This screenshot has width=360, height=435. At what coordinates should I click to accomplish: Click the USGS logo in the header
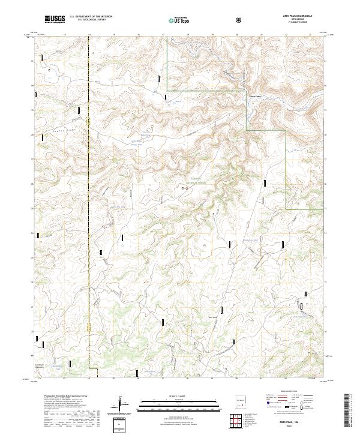(x=55, y=19)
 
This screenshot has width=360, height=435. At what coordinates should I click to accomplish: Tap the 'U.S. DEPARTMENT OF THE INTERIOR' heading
(x=91, y=16)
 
